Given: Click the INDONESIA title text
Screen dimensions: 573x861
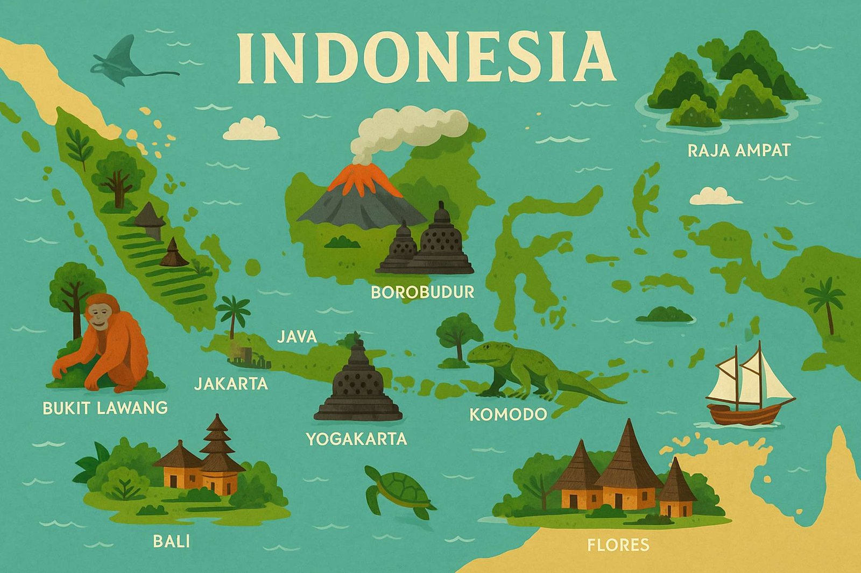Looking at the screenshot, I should [425, 58].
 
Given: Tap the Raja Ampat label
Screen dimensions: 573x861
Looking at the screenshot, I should [739, 150].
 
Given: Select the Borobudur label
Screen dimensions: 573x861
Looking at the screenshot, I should [422, 292].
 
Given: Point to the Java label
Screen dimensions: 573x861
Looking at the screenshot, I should [297, 336].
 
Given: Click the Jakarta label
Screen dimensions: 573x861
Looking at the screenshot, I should [231, 384].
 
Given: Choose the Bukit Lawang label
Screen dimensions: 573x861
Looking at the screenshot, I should [105, 408].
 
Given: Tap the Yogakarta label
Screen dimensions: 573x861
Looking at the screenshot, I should [356, 439].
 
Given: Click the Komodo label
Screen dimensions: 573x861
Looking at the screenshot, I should [508, 414].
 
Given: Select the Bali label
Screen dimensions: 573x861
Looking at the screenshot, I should [172, 541].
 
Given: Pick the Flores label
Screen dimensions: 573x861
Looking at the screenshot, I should [618, 545].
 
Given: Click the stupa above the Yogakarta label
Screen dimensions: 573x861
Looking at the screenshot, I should [358, 384].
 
